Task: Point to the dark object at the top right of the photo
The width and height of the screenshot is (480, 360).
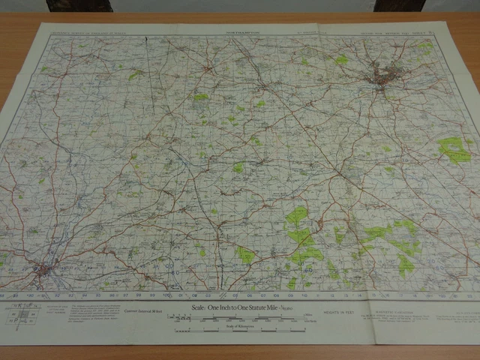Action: tap(405, 5)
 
